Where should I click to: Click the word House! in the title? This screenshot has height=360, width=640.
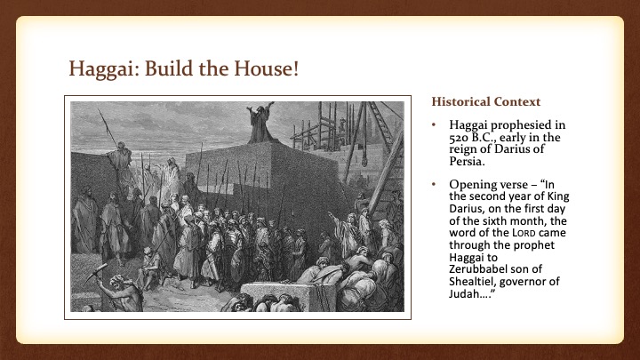pos(266,68)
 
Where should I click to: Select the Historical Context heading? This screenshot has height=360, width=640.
pos(485,101)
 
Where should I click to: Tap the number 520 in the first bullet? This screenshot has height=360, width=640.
pos(459,138)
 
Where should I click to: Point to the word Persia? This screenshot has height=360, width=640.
pos(467,161)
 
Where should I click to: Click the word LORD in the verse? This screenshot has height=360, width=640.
pos(524,233)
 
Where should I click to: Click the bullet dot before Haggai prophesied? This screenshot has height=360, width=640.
pos(434,125)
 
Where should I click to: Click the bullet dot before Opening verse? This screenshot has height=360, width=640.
pos(434,185)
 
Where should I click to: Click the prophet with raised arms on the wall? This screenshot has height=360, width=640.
pos(260,124)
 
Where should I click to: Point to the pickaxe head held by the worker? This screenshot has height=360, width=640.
pos(96,273)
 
